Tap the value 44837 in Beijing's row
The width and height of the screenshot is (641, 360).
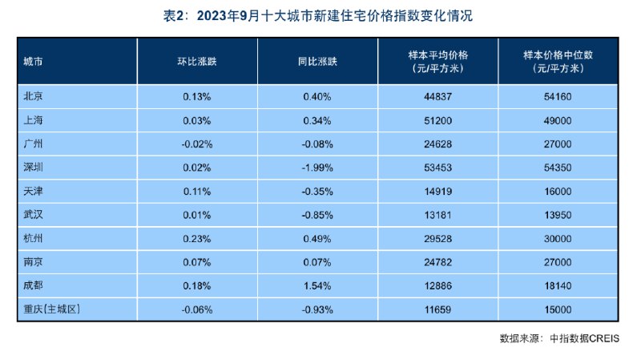(437, 97)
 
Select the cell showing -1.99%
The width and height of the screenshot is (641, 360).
(317, 168)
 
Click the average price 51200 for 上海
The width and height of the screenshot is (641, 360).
(437, 121)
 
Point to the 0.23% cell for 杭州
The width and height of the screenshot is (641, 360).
(196, 238)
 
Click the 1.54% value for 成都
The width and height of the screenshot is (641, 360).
(317, 285)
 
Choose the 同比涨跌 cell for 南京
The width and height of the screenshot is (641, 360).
(317, 262)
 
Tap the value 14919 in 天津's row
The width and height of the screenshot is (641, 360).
(437, 192)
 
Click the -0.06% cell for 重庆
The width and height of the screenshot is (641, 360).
(196, 309)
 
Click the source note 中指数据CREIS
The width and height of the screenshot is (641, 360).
(584, 338)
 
